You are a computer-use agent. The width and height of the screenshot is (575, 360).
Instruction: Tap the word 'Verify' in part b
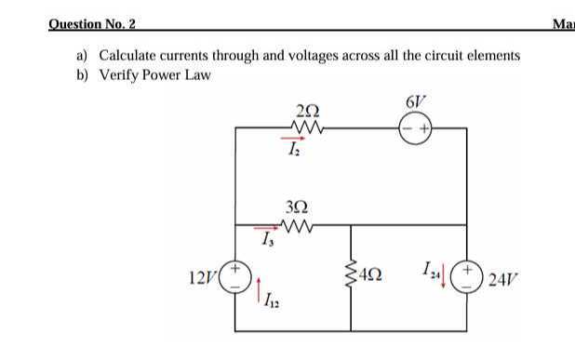pyautogui.click(x=118, y=74)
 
